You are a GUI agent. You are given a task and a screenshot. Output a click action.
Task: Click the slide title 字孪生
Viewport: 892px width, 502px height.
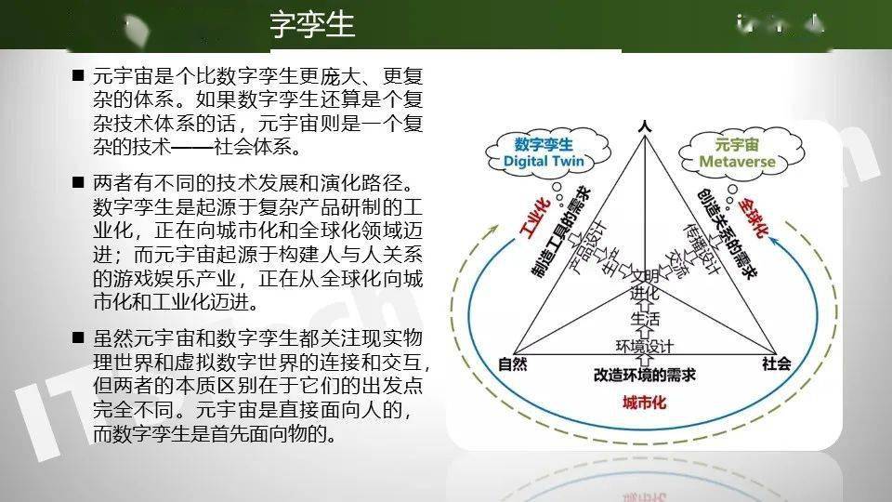pos(312,25)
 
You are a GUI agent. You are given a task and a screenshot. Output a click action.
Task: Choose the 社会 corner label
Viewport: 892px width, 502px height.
pos(777,363)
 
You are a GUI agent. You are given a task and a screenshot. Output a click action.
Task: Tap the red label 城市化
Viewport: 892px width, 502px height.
pos(645,402)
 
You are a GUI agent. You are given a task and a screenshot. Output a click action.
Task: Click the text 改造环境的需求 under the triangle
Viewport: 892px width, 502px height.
pos(645,375)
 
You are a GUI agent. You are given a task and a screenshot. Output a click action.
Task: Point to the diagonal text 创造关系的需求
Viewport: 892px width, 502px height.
pos(725,229)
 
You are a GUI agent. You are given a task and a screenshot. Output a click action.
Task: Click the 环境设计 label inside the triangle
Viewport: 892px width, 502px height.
pos(645,347)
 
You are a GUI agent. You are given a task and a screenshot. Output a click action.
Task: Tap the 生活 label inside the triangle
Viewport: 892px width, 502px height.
pos(644,318)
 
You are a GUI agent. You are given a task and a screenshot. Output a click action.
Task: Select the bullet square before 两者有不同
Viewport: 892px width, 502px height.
pos(78,181)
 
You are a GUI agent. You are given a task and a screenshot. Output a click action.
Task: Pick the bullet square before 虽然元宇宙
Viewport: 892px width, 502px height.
pos(78,336)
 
